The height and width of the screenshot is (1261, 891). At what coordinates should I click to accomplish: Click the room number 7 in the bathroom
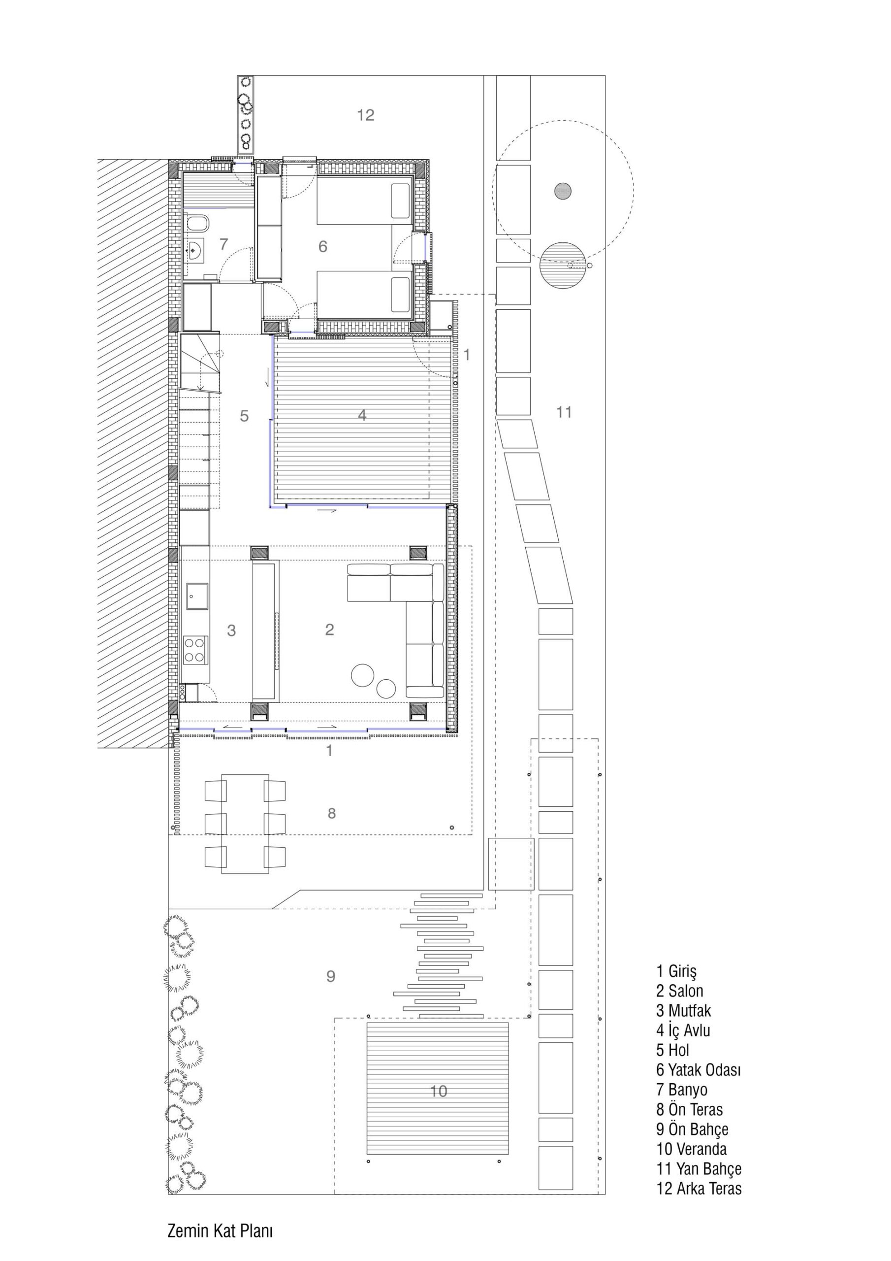pyautogui.click(x=223, y=244)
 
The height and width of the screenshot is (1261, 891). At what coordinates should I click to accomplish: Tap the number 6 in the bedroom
pyautogui.click(x=323, y=247)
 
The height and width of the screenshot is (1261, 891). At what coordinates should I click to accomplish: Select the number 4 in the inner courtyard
pyautogui.click(x=362, y=415)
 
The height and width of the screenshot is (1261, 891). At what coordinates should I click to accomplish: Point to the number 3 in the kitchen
pyautogui.click(x=231, y=630)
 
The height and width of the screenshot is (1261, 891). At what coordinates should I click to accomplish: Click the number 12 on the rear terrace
pyautogui.click(x=366, y=115)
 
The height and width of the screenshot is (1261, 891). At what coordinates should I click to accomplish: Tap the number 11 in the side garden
pyautogui.click(x=564, y=411)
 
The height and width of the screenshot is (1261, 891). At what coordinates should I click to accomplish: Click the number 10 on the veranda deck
pyautogui.click(x=439, y=1091)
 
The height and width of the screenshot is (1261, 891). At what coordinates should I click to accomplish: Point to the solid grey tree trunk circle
pyautogui.click(x=563, y=191)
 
